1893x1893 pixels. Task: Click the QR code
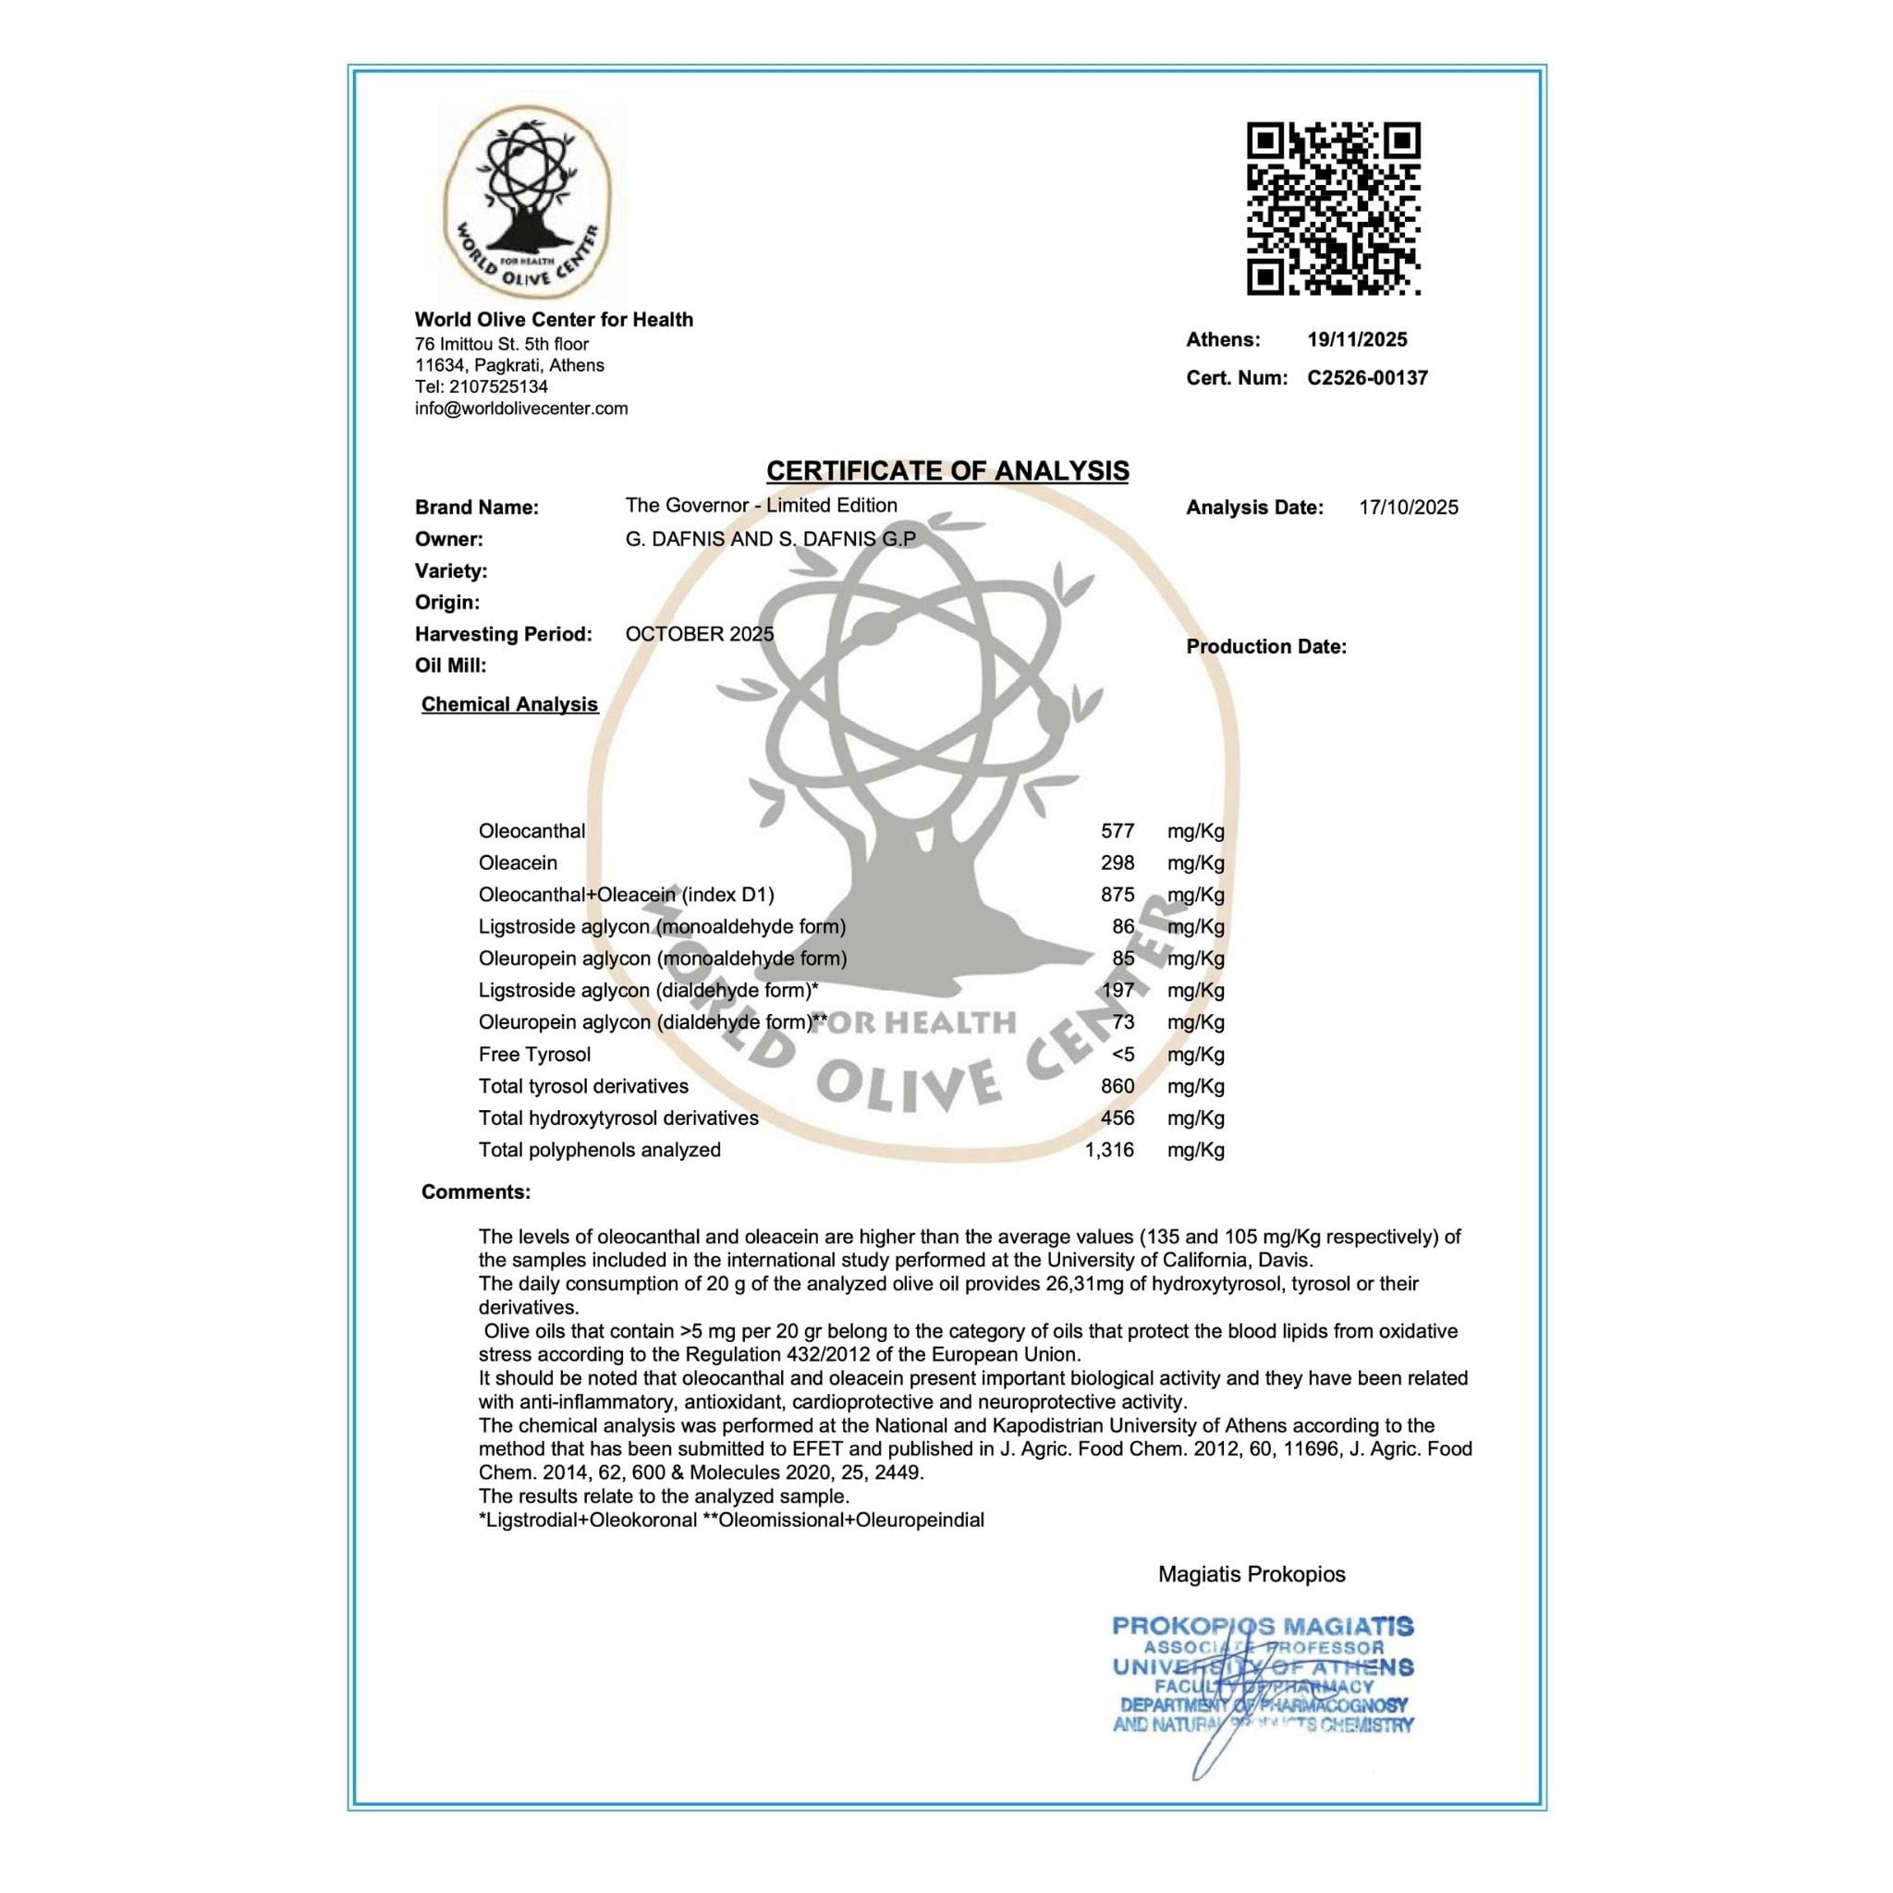[x=1333, y=209]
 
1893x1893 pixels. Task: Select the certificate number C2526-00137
[x=1367, y=378]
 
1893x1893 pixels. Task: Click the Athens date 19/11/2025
[x=1357, y=340]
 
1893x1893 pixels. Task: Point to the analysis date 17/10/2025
[x=1408, y=507]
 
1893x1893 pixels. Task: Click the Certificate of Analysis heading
[x=946, y=471]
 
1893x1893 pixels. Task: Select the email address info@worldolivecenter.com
[x=521, y=409]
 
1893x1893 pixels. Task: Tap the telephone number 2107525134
[x=499, y=387]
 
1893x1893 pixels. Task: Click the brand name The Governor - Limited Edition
[x=761, y=506]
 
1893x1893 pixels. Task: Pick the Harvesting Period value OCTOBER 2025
[x=700, y=634]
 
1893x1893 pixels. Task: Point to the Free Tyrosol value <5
[x=1123, y=1055]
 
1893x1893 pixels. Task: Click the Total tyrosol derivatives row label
[x=583, y=1087]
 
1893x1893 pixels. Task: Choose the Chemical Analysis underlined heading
[x=509, y=704]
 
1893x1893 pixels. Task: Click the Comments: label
[x=476, y=1192]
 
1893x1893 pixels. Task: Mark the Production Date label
[x=1266, y=647]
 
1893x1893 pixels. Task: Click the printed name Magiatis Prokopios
[x=1252, y=1574]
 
